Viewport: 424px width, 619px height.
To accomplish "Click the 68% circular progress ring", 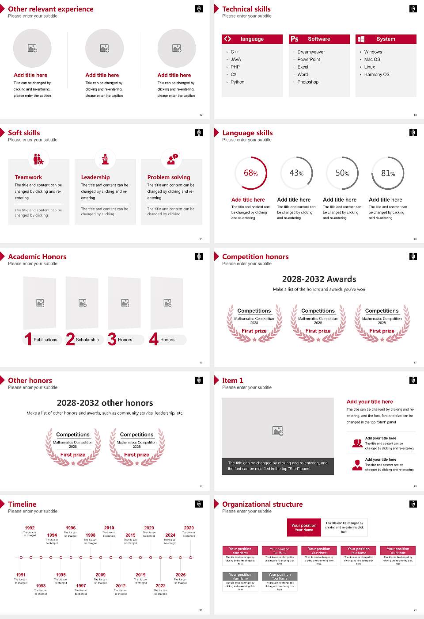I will click(x=250, y=173).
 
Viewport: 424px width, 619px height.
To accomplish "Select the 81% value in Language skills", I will click(x=388, y=173).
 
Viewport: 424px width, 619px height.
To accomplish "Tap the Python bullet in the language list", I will click(x=237, y=82).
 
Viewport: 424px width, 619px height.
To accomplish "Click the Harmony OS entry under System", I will click(x=377, y=74).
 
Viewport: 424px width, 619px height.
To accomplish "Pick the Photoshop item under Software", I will click(x=308, y=82).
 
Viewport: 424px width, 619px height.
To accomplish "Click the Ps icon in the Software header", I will click(x=295, y=39).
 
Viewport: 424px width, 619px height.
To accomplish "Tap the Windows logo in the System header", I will click(x=361, y=39).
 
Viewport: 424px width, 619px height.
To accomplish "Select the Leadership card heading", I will click(x=95, y=177).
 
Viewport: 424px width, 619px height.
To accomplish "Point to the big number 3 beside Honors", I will click(x=112, y=339).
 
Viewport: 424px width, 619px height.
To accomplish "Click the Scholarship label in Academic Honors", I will click(x=87, y=340).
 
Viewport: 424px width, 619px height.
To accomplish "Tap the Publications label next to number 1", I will click(x=45, y=340).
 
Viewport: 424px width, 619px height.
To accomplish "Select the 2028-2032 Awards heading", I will click(x=319, y=279).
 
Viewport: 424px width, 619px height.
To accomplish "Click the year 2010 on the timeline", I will click(x=109, y=527).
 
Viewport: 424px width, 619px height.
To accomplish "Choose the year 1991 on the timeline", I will click(x=21, y=575).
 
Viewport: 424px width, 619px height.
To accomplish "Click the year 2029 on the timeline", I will click(x=189, y=527).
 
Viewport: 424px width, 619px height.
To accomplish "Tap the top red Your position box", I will click(x=304, y=527).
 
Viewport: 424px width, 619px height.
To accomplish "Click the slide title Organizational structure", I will click(x=262, y=504).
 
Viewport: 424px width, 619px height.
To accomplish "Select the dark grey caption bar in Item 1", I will click(x=277, y=466).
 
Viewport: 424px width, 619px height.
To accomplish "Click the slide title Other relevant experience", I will click(x=51, y=9).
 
